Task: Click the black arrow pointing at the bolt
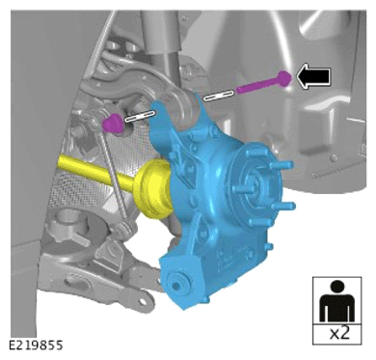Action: pyautogui.click(x=313, y=76)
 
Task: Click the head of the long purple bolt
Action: pyautogui.click(x=283, y=78)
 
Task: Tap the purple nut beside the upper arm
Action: pyautogui.click(x=113, y=124)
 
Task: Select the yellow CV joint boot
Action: pyautogui.click(x=153, y=190)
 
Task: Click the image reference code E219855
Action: pyautogui.click(x=36, y=346)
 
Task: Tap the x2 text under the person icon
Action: pyautogui.click(x=338, y=333)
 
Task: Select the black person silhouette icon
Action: pyautogui.click(x=336, y=301)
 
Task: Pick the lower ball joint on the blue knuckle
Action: pyautogui.click(x=176, y=285)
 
